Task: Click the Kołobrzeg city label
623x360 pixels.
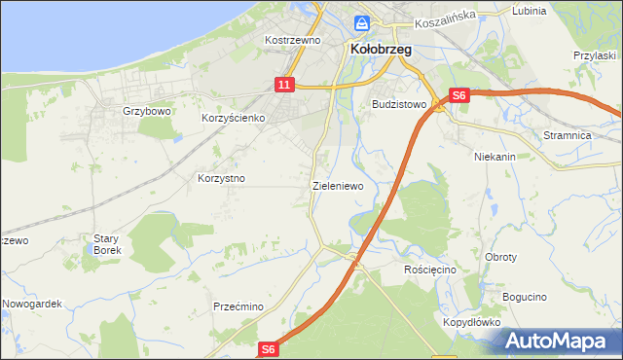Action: click(381, 49)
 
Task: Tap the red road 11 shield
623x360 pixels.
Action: click(283, 86)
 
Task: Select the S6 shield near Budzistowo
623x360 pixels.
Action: click(459, 95)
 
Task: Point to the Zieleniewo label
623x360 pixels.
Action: click(338, 185)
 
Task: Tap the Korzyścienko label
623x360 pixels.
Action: click(234, 118)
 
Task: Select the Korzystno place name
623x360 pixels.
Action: click(221, 179)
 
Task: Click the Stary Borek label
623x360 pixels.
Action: click(106, 244)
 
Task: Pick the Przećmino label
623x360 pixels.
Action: click(238, 306)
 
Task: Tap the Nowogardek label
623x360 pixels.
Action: click(31, 304)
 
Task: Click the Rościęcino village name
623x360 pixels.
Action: click(429, 269)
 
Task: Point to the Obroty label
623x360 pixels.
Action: click(500, 257)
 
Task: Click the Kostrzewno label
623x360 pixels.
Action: click(293, 41)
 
